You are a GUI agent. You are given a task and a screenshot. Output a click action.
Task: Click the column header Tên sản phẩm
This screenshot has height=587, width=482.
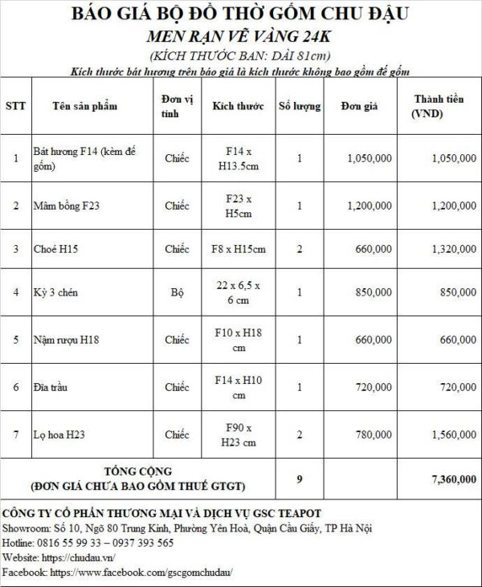[84, 106]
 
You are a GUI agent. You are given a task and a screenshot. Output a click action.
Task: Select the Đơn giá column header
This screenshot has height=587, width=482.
[355, 106]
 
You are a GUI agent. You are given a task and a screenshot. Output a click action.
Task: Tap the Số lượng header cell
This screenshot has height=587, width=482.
[299, 106]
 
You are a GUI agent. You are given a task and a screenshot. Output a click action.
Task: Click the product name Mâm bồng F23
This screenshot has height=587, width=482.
[67, 206]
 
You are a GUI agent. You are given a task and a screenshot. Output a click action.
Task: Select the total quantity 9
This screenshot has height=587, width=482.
[299, 479]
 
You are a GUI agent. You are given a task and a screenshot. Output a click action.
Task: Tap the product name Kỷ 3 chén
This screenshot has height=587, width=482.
[55, 292]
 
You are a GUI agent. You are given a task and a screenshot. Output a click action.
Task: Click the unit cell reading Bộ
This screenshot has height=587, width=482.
[177, 292]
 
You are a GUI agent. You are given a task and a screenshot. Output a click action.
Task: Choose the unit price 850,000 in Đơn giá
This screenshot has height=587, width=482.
[373, 292]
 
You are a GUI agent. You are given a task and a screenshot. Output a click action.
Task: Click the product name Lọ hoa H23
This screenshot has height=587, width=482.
[59, 434]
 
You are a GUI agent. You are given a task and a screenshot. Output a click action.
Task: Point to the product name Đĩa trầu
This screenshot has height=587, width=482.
[51, 387]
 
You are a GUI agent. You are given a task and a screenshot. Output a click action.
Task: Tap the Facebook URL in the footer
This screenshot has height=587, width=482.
[141, 573]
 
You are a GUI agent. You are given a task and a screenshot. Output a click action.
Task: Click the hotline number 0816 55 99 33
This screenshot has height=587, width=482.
[73, 543]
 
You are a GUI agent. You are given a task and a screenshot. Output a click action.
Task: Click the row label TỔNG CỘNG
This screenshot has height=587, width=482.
[138, 471]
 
